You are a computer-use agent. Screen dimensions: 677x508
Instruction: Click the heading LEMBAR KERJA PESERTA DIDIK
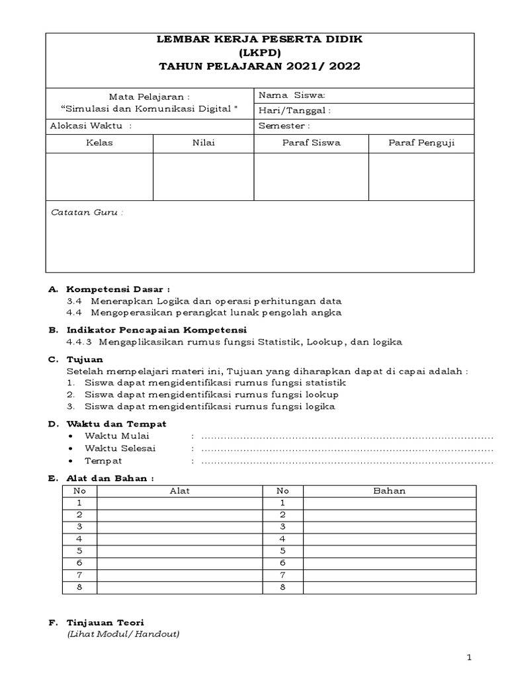click(259, 40)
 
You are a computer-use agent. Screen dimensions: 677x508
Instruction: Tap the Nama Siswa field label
click(292, 95)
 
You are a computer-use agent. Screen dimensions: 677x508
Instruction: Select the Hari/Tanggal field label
click(294, 110)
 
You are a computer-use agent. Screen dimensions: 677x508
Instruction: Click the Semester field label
click(284, 126)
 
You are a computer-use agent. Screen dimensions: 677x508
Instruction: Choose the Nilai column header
click(203, 143)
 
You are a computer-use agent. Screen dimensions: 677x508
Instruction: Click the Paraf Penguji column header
click(421, 143)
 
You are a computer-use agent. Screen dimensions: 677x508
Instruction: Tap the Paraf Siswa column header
click(311, 143)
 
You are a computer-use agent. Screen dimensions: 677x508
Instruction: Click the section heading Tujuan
click(85, 360)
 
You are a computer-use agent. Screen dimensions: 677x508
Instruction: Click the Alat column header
click(180, 491)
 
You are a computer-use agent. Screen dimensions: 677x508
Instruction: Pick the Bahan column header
click(390, 491)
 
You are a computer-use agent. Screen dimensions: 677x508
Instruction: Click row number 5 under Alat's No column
click(79, 550)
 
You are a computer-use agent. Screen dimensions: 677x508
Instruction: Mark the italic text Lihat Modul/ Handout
click(123, 634)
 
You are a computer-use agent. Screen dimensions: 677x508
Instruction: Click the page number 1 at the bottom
click(468, 657)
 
